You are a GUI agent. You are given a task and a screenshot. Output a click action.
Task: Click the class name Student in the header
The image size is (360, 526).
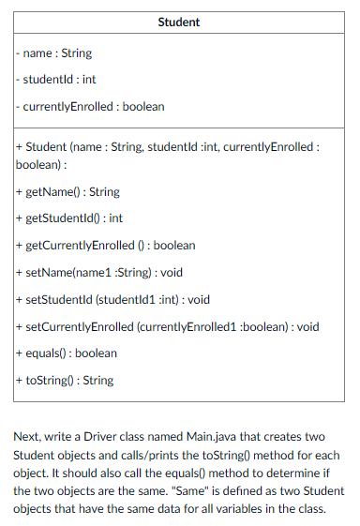point(178,22)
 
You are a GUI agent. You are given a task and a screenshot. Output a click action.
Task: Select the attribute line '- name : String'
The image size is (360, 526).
point(53,53)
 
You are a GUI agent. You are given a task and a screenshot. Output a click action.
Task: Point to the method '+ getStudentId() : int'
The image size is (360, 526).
point(70,218)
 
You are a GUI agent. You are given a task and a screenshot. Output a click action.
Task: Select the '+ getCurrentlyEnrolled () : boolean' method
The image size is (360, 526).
point(106,245)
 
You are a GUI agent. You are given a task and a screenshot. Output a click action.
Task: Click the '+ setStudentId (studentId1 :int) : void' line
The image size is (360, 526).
point(112,299)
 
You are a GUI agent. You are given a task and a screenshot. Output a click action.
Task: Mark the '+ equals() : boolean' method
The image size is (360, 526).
point(67,353)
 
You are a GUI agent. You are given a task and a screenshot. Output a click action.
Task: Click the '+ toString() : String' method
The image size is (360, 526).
point(65,380)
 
